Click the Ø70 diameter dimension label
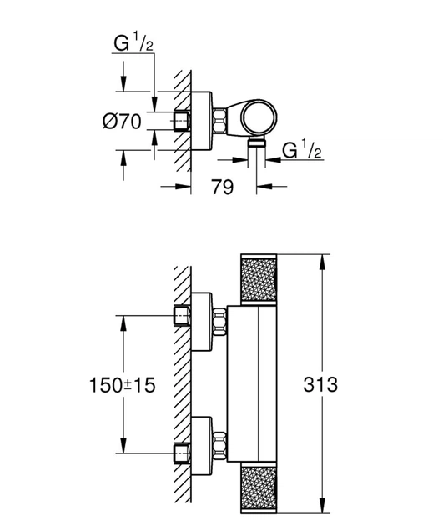click(x=122, y=121)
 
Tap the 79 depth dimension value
click(x=222, y=187)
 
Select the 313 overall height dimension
click(x=320, y=384)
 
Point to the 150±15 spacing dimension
click(x=123, y=385)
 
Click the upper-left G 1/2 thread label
click(x=133, y=42)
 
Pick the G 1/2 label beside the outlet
click(x=302, y=149)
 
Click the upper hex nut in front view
click(x=219, y=321)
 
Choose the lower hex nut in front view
click(x=219, y=446)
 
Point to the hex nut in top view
click(x=219, y=121)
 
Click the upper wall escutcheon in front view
click(x=202, y=322)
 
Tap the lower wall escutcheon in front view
click(x=202, y=446)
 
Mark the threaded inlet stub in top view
click(x=183, y=121)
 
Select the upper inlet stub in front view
click(x=183, y=315)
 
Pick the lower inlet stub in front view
click(x=183, y=453)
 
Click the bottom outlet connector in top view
click(x=257, y=142)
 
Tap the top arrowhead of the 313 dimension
click(x=322, y=262)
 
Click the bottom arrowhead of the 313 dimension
click(x=322, y=506)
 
